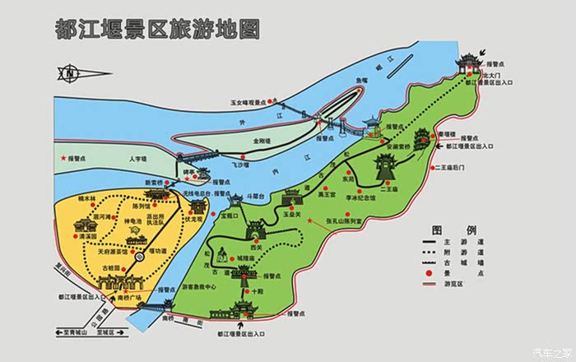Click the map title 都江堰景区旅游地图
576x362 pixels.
[x=156, y=30]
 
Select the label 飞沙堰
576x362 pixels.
[x=239, y=165]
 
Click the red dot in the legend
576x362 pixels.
[x=430, y=271]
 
